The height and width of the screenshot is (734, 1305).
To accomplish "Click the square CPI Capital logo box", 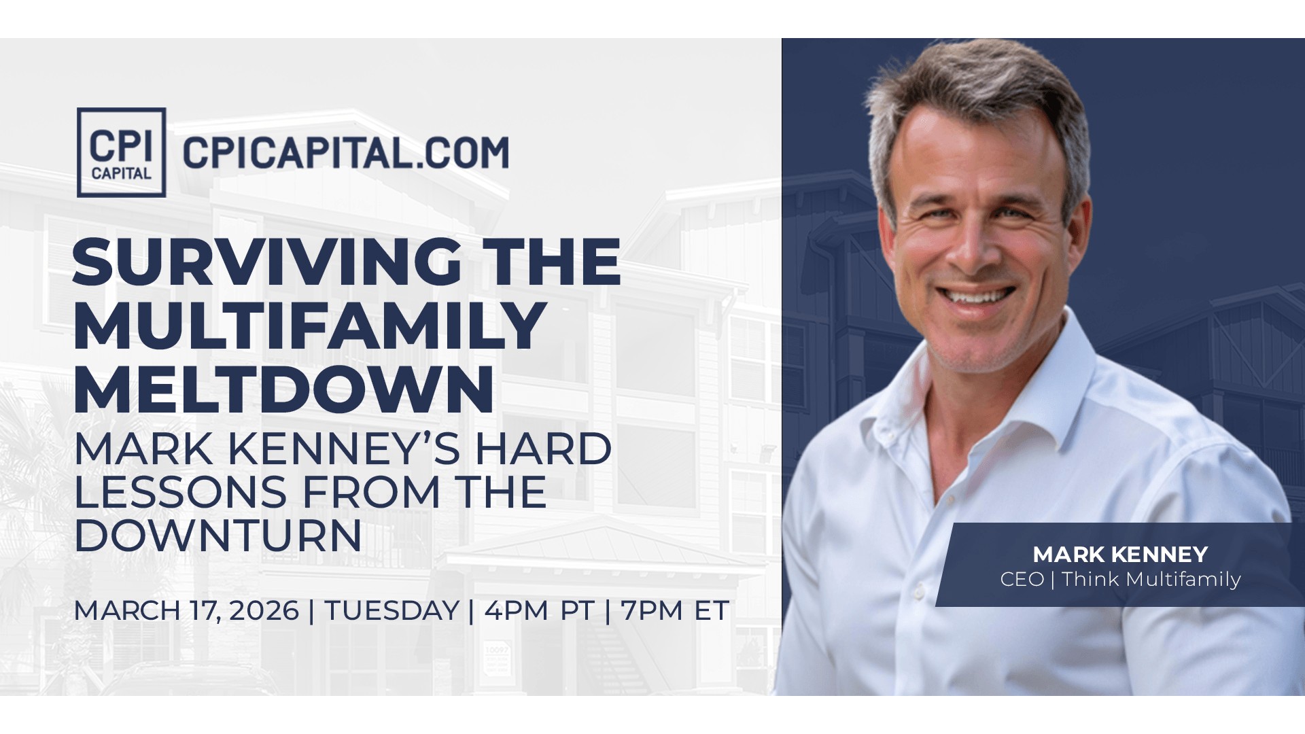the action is click(121, 152).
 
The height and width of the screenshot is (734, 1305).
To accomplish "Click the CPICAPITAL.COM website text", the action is click(345, 152).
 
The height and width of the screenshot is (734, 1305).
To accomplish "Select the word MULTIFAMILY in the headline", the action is click(310, 326).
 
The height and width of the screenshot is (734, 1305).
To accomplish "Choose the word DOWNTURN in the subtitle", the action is click(217, 536).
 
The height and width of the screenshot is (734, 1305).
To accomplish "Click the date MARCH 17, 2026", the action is click(186, 611).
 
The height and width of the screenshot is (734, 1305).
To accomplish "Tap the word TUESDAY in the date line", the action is click(391, 610).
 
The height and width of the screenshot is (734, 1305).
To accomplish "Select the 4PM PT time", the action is click(540, 610).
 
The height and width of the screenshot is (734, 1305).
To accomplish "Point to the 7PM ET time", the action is click(675, 610).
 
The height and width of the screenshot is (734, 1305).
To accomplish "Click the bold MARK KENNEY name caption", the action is click(1120, 555).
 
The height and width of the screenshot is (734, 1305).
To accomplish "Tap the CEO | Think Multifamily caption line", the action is click(1120, 579).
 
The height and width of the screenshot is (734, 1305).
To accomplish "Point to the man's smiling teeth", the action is click(975, 296).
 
